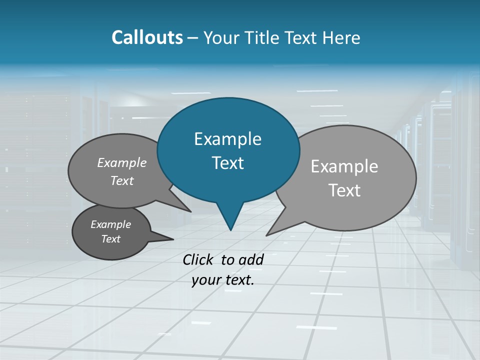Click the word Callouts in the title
(147, 37)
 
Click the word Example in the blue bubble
(227, 139)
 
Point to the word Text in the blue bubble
(227, 163)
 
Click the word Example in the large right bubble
(344, 166)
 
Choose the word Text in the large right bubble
(344, 190)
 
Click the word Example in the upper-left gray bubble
(122, 162)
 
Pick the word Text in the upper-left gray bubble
(122, 180)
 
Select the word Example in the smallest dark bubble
(110, 224)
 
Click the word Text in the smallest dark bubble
(110, 239)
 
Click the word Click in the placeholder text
(199, 259)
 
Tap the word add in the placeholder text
(251, 259)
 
